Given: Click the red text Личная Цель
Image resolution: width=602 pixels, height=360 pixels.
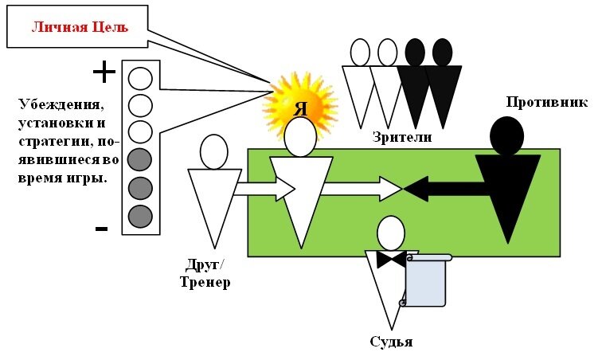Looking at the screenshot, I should pos(80,27).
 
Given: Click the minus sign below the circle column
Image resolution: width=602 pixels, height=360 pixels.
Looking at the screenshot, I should pos(101,229).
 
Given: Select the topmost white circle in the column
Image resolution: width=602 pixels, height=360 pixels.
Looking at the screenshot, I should pos(140,78).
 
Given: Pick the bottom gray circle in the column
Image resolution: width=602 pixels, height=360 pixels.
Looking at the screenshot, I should pos(140,216).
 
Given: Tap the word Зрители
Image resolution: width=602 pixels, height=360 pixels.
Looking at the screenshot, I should pos(401,138).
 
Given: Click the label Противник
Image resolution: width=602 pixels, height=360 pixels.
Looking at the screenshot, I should pos(546,103).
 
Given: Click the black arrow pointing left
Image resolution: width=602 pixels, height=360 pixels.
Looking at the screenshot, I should pos(446,189).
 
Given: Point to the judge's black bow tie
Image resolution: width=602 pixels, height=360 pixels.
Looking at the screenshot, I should pos(391,260).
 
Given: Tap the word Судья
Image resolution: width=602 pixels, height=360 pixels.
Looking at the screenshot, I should pos(391,342).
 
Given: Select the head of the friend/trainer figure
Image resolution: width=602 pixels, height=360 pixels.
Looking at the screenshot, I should pos(214,151).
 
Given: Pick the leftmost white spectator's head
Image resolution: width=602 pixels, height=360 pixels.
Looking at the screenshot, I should pos(360,53).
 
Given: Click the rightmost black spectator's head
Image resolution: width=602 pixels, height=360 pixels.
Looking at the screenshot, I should pos(443,53).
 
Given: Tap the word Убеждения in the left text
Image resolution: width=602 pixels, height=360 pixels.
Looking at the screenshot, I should pos(61,105).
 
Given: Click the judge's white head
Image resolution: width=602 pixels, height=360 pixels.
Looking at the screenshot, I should pos(390,233).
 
